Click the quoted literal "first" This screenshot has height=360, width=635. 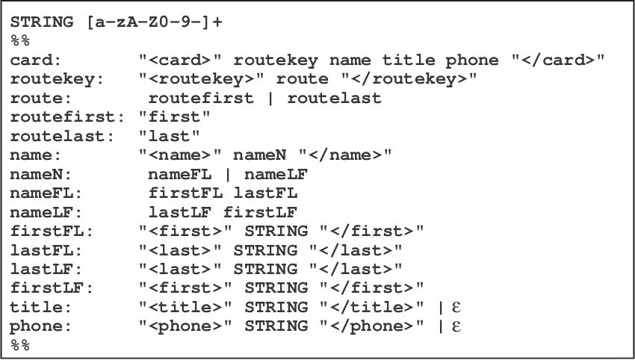click(175, 117)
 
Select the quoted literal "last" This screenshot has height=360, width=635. click(170, 135)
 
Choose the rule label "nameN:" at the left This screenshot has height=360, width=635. click(37, 174)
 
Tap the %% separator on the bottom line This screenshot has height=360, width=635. click(20, 344)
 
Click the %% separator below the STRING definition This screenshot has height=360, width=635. click(20, 40)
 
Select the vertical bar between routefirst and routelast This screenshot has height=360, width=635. click(276, 98)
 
